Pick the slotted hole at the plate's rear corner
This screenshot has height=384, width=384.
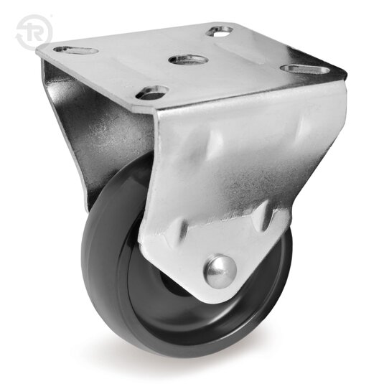click(x=220, y=30)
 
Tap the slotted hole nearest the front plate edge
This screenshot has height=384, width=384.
click(x=152, y=92)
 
